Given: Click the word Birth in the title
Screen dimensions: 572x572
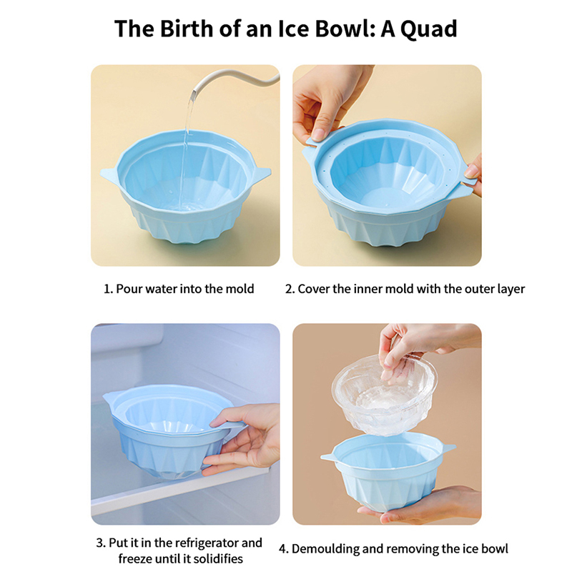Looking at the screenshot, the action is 187,29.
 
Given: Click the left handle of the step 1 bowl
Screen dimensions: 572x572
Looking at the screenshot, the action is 109,174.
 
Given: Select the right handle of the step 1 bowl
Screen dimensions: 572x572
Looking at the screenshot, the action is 261,173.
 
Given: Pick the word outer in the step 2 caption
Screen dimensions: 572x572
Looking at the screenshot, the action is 479,289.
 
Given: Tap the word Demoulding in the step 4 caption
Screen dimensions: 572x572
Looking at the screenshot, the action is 325,549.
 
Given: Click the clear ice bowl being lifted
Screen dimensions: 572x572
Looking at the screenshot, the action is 385,394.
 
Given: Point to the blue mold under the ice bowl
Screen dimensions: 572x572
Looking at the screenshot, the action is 388,470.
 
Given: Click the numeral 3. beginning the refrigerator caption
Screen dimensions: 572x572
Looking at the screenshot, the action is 101,543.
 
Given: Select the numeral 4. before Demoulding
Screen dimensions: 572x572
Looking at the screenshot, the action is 284,549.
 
